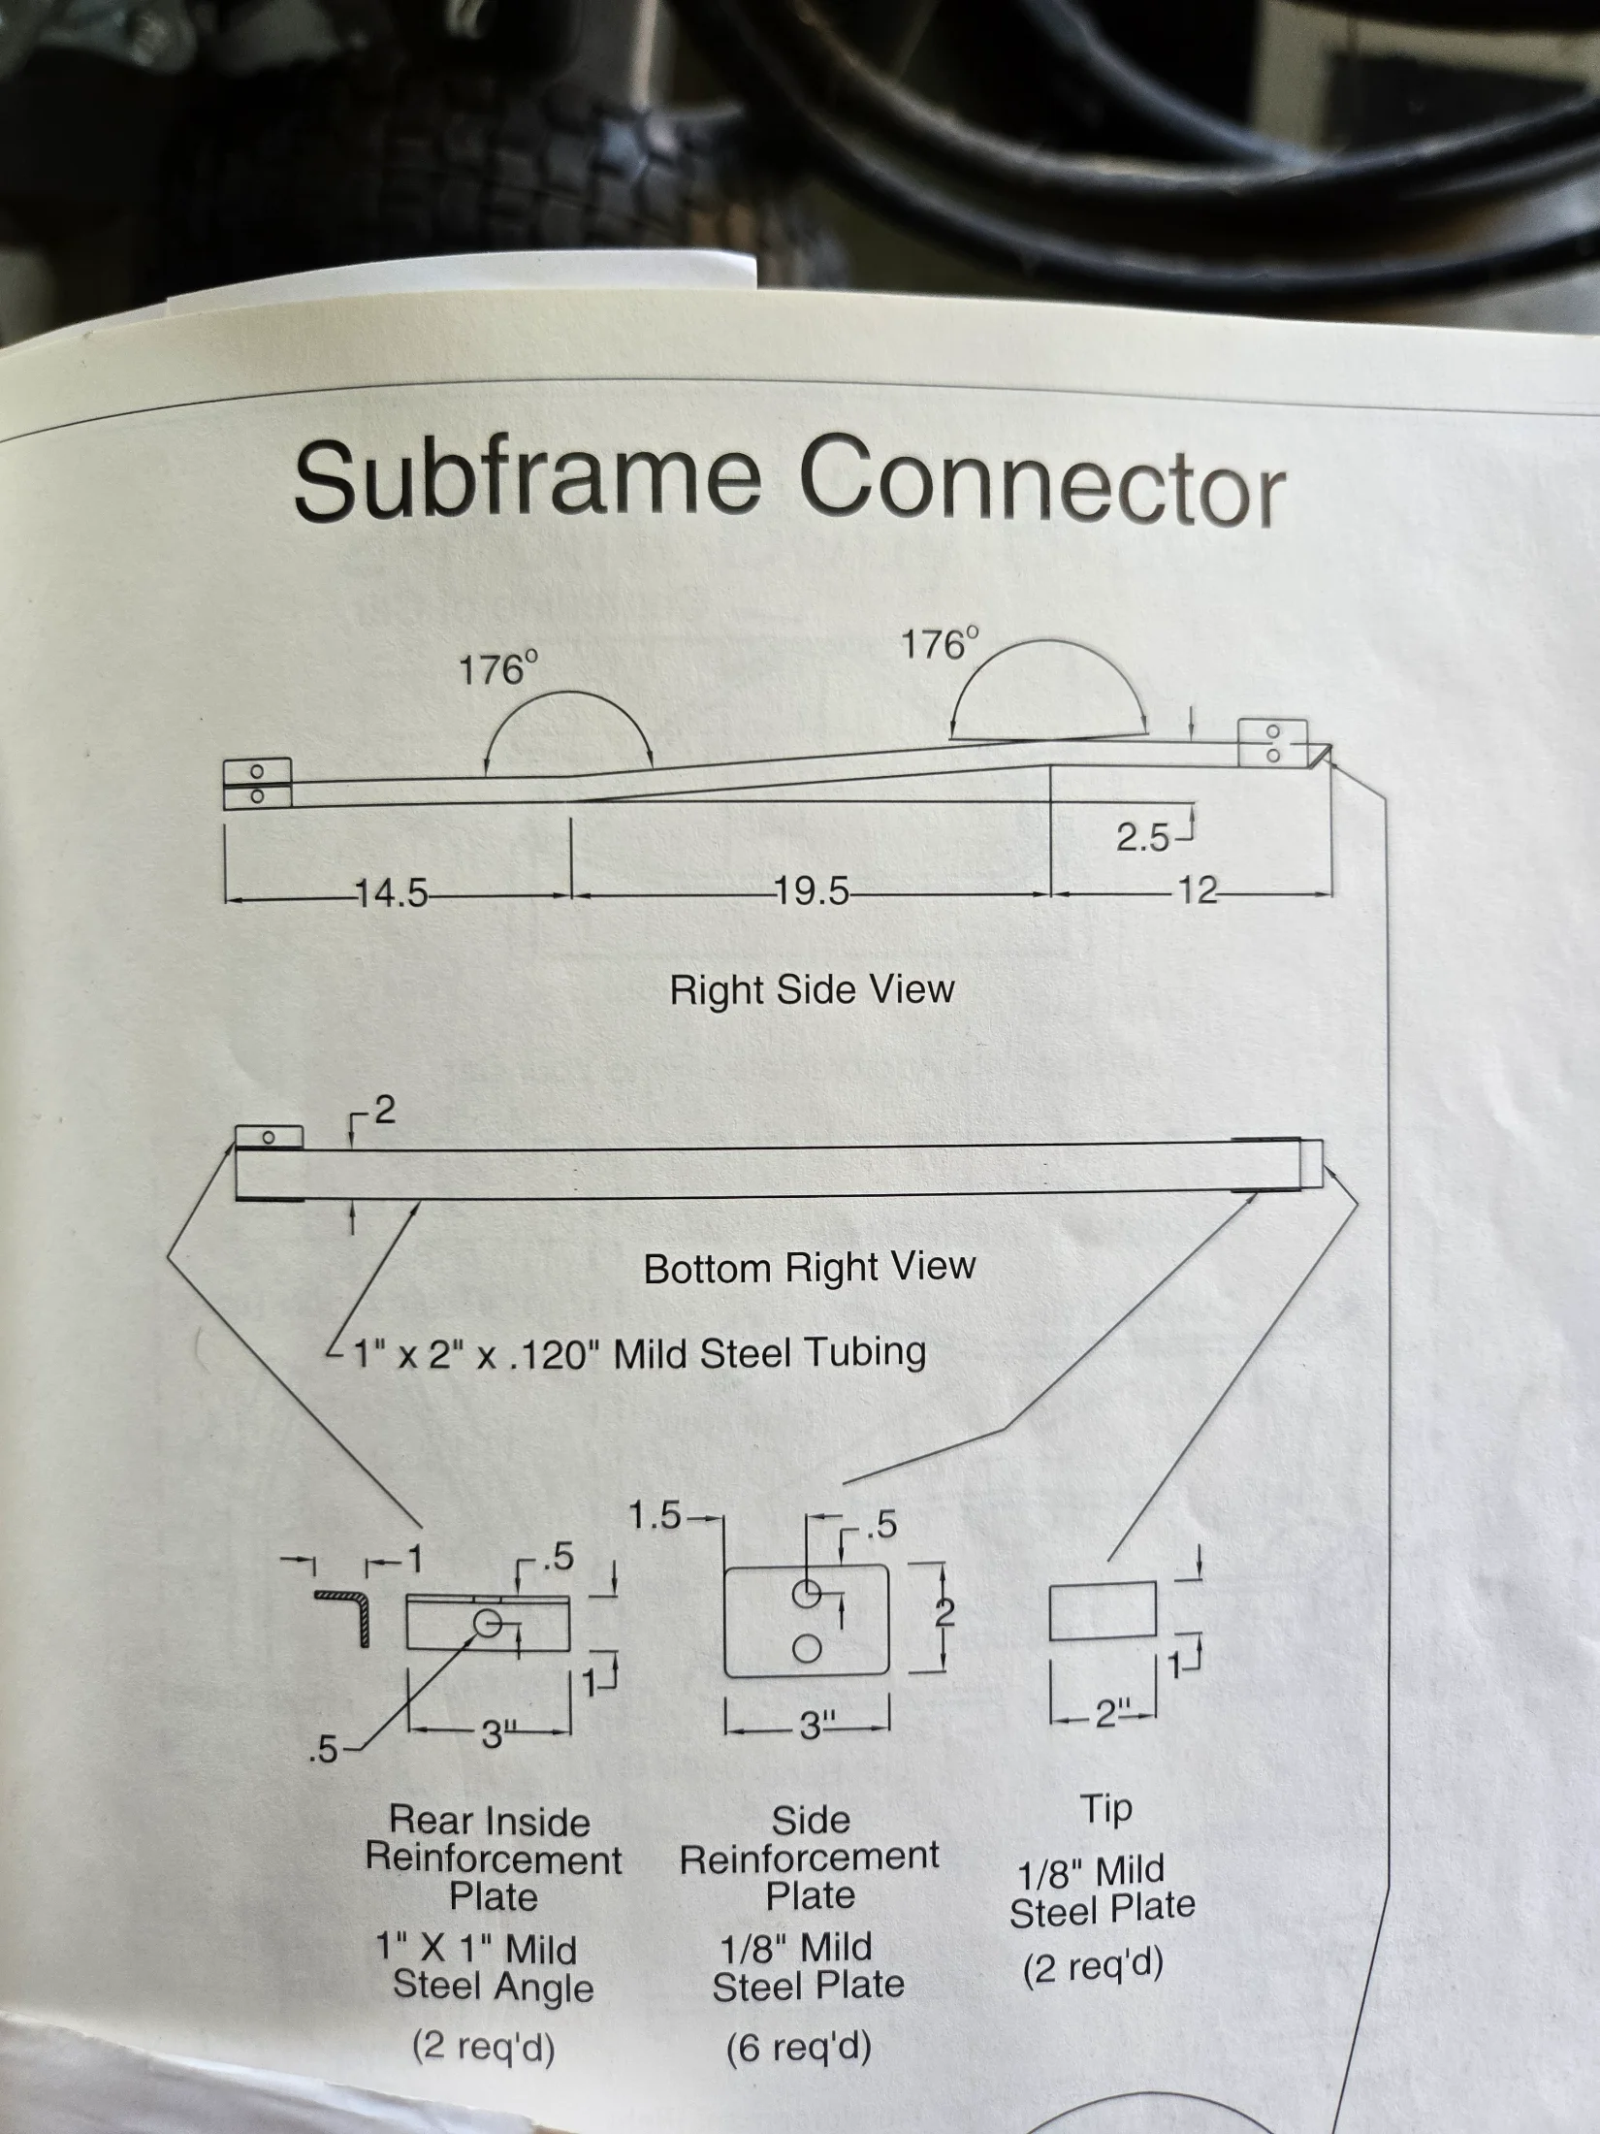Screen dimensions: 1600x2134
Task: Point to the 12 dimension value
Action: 1197,889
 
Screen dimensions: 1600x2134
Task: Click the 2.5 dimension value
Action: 1143,837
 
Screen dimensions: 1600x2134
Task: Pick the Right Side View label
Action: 813,989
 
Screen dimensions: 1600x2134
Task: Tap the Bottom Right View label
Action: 810,1268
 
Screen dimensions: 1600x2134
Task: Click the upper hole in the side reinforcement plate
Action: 807,1594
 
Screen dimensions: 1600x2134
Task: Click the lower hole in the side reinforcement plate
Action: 807,1648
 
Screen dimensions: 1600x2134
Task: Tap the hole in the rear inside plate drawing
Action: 488,1623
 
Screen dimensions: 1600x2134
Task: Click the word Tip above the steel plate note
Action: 1106,1810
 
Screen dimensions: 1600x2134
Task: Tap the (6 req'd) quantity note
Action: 799,2047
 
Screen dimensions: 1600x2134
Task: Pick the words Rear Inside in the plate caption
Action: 490,1821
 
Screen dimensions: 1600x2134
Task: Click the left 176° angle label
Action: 498,669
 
